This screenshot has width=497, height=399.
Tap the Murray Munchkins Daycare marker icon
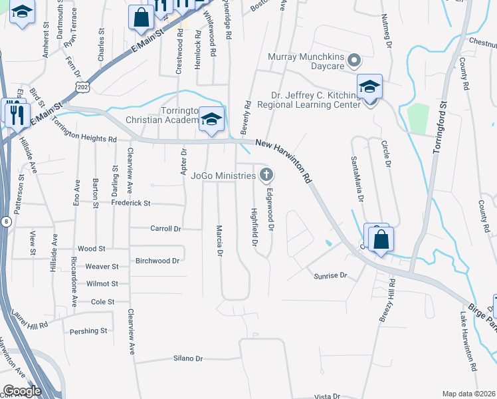point(354,62)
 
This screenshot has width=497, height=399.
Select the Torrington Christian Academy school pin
point(211,120)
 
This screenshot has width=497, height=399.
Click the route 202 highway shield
point(83,87)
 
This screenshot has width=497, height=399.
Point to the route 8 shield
point(5,223)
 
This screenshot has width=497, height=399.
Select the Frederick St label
point(131,203)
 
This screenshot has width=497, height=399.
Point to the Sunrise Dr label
point(331,275)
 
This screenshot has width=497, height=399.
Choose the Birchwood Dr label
point(157,261)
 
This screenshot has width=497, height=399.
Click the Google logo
point(23,390)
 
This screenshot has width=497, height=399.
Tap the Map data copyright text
point(469,394)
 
